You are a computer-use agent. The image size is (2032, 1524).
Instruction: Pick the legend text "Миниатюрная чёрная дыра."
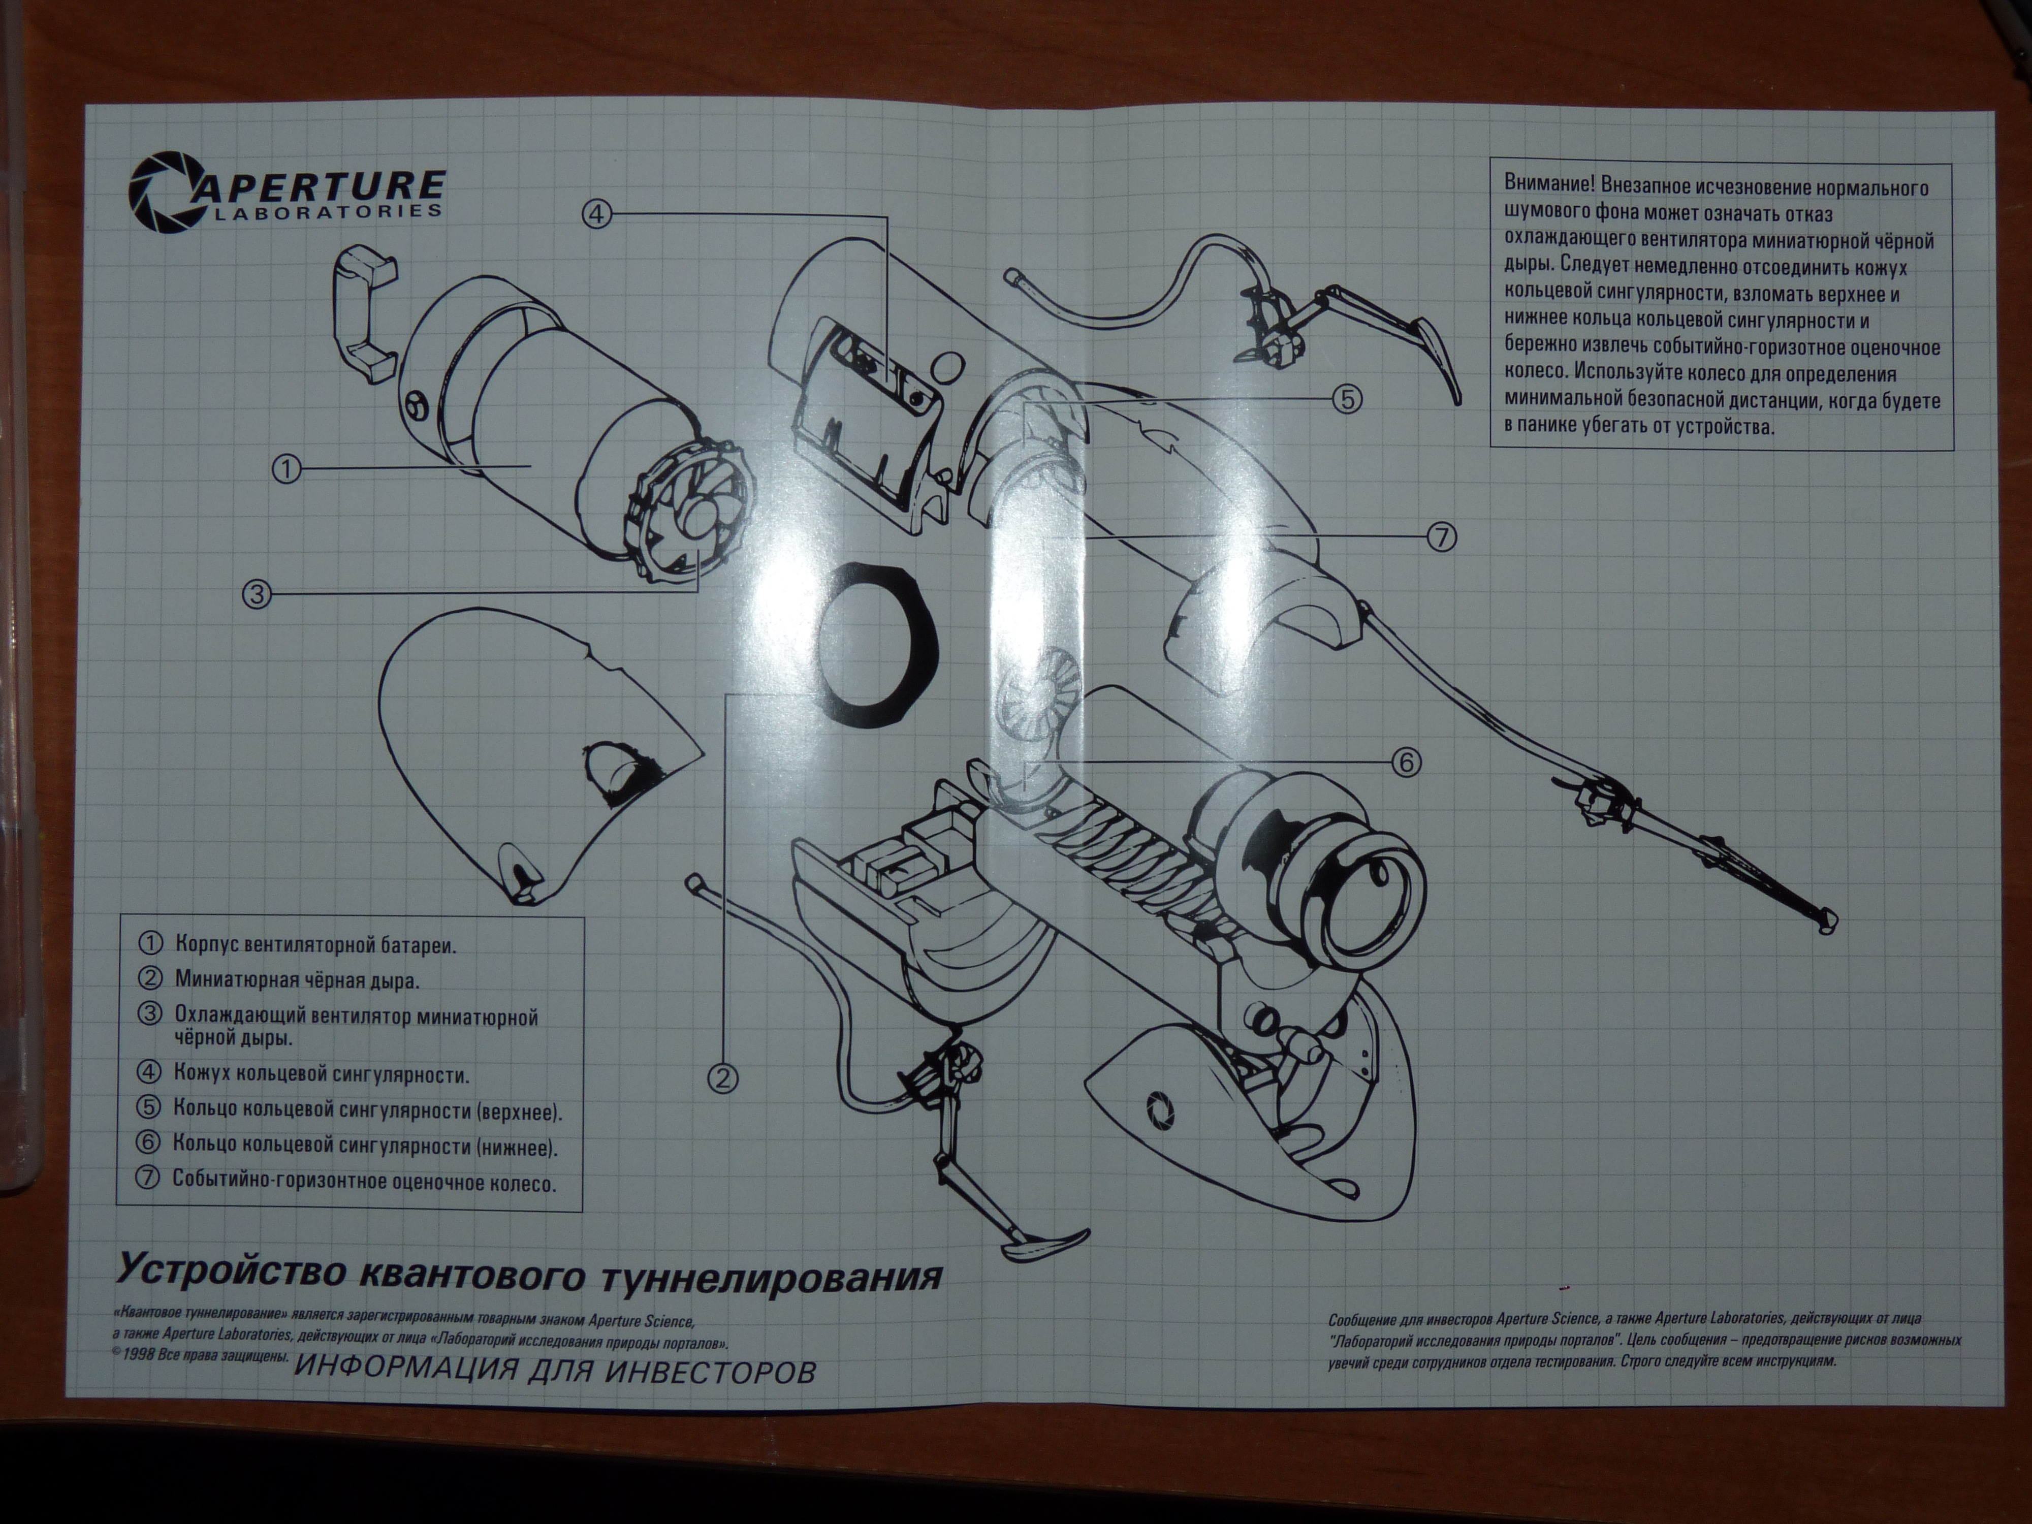297,979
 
